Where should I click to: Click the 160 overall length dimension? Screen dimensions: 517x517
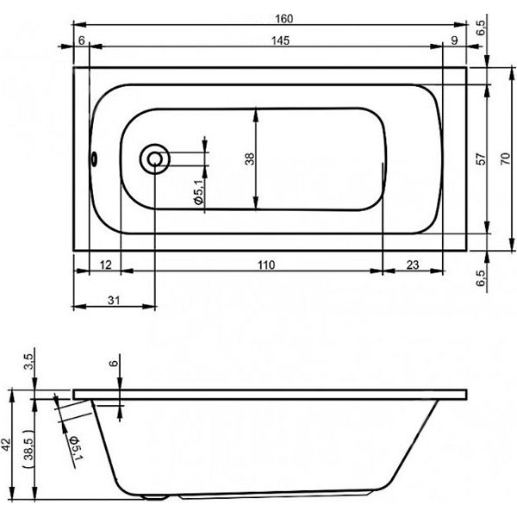click(x=283, y=19)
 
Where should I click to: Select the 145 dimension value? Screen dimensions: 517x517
click(x=280, y=40)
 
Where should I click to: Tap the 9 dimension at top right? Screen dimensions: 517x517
click(x=454, y=40)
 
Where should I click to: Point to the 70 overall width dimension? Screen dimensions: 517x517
click(x=505, y=159)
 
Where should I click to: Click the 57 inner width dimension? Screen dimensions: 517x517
click(x=482, y=159)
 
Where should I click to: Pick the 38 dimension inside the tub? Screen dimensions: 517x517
click(x=250, y=159)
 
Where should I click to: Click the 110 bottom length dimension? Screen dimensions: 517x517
click(x=266, y=265)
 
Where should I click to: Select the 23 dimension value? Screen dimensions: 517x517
click(x=413, y=265)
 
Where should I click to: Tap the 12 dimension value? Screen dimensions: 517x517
click(x=105, y=265)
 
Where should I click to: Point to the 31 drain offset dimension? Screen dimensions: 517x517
click(x=114, y=301)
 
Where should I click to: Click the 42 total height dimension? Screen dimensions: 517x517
click(x=7, y=445)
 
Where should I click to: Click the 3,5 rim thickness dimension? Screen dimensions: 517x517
click(x=29, y=361)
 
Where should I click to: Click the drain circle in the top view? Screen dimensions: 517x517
click(x=154, y=159)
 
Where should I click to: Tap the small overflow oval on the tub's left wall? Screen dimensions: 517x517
click(x=94, y=159)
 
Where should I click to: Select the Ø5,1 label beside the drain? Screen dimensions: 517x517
click(x=199, y=191)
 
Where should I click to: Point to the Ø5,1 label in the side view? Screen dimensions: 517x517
click(x=75, y=447)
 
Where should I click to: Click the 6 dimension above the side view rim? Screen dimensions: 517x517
click(x=113, y=363)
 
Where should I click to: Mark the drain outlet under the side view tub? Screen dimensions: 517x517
click(x=155, y=497)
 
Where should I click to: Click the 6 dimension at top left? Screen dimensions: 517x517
click(x=82, y=40)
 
